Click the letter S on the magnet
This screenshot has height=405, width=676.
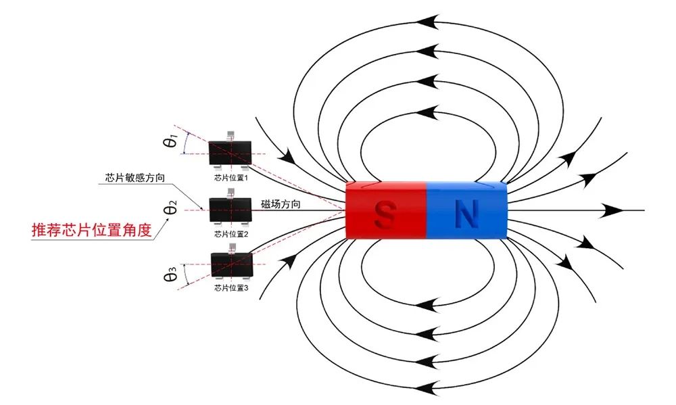[385, 212]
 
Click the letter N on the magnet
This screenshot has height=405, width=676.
[466, 212]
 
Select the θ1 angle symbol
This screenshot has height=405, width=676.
[171, 141]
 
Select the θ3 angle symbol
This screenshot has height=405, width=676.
[171, 276]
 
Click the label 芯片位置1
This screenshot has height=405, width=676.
[231, 178]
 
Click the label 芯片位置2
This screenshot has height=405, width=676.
[231, 234]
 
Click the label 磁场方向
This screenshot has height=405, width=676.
[281, 203]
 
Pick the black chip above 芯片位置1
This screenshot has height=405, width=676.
[231, 152]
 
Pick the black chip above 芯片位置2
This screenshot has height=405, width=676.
[231, 210]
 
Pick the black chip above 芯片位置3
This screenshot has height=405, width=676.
[231, 264]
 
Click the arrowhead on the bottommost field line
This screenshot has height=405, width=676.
[425, 387]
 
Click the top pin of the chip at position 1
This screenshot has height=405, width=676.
[231, 135]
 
